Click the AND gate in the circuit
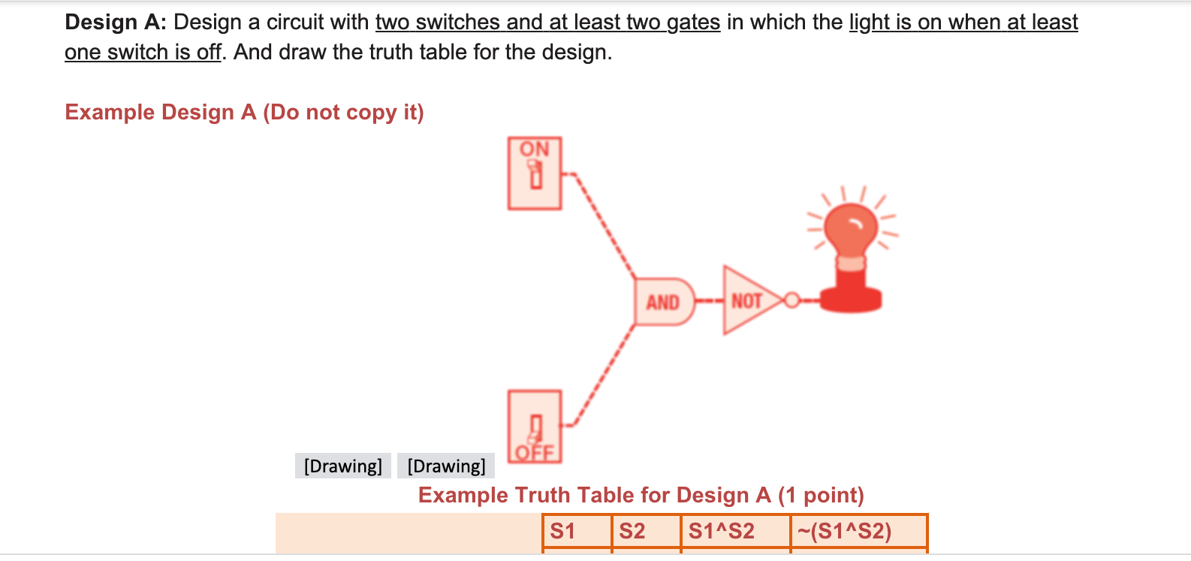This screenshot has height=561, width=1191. point(664,302)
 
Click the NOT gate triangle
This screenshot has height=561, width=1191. point(748,300)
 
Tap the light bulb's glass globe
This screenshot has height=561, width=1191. point(851,228)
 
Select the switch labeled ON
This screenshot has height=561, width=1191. point(534,173)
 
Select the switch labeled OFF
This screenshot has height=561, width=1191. point(534,426)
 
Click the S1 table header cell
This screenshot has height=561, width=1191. point(576,531)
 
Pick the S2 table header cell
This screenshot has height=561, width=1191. point(646,531)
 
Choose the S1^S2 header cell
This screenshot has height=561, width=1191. point(734,531)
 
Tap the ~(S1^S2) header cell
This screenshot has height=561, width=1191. point(858,531)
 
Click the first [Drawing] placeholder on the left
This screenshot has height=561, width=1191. point(342,466)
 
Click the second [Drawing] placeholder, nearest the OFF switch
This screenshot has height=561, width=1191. point(446,466)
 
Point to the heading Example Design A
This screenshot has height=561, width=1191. point(244,112)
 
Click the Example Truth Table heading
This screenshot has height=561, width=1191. point(641,496)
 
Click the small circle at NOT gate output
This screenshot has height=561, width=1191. point(790,300)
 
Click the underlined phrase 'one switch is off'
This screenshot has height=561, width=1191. point(143,53)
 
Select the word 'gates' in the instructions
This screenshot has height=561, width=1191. point(693,23)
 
